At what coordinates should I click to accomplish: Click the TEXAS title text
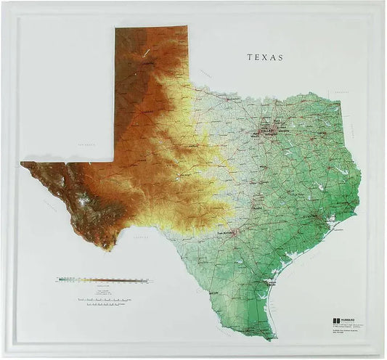[x=265, y=57]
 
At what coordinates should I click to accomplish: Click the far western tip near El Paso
[x=23, y=164]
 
